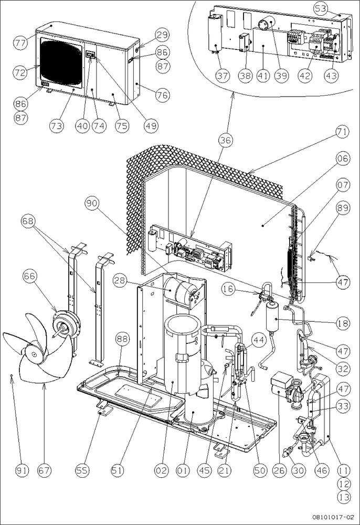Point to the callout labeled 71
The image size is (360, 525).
click(x=343, y=132)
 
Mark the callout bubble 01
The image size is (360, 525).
click(x=182, y=470)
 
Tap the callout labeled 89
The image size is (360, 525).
click(x=343, y=208)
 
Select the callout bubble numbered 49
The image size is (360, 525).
click(x=151, y=125)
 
